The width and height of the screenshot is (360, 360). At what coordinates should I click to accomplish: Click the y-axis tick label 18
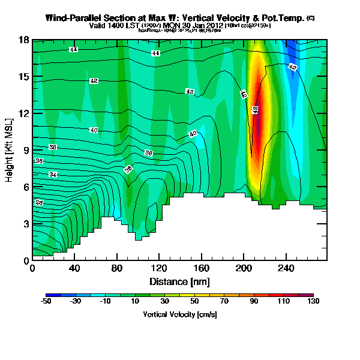pos(24,40)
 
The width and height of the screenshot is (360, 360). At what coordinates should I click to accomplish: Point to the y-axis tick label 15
pos(24,77)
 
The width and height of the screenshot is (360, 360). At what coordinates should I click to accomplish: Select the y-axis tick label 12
pos(24,113)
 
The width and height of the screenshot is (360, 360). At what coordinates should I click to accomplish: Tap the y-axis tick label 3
pos(26,224)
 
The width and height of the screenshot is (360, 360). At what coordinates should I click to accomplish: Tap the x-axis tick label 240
pos(285,269)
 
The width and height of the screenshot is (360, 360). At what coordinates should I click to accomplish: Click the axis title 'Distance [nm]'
pos(178,281)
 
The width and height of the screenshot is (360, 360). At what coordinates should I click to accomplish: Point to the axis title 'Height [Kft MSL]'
pos(10,149)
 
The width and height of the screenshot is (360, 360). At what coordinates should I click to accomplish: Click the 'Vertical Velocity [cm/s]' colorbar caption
pos(179,314)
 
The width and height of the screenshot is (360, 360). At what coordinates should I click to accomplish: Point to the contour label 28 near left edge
pos(39,203)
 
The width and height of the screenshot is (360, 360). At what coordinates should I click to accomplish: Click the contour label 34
pos(53,174)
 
